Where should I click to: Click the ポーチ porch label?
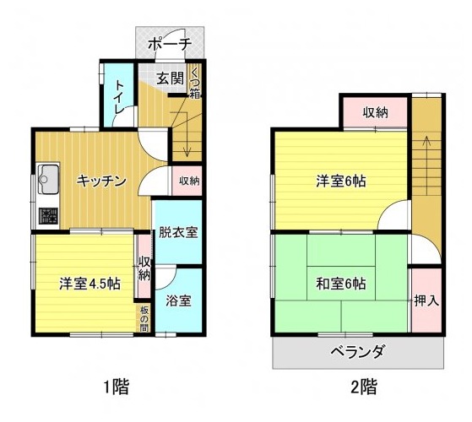[x=170, y=44]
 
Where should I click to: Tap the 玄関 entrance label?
[x=169, y=80]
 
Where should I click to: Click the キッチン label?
[x=101, y=180]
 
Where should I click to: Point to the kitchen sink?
[x=47, y=178]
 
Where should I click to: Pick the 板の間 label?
[x=144, y=318]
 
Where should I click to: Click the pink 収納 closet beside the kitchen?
[x=189, y=181]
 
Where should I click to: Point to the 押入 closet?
[x=426, y=300]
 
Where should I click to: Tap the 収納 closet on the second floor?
[x=376, y=112]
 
